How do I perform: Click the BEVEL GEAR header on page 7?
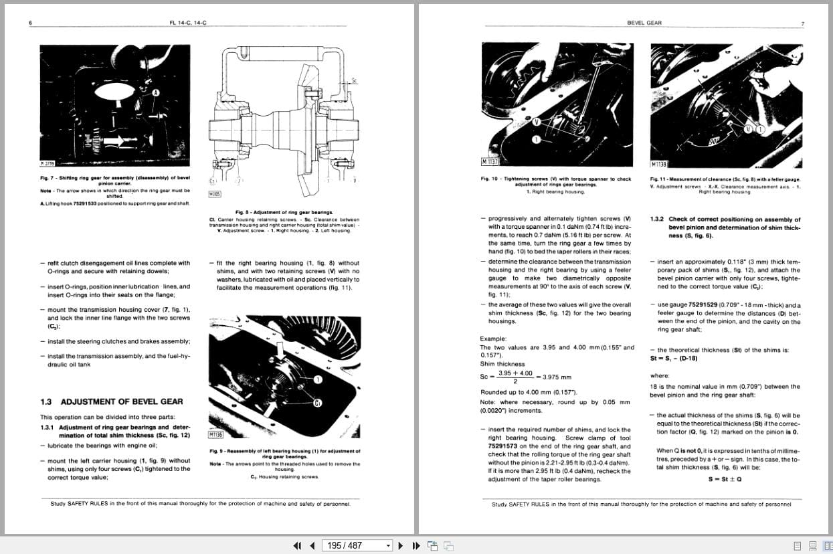click(644, 23)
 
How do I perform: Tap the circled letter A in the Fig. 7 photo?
click(156, 92)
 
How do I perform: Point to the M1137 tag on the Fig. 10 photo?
click(490, 161)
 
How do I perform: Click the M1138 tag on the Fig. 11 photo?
click(659, 163)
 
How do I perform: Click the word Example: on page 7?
click(493, 339)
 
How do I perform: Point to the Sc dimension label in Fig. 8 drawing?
click(355, 80)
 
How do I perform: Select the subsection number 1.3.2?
click(656, 219)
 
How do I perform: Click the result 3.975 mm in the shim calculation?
click(557, 377)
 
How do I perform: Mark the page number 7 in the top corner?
click(802, 23)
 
